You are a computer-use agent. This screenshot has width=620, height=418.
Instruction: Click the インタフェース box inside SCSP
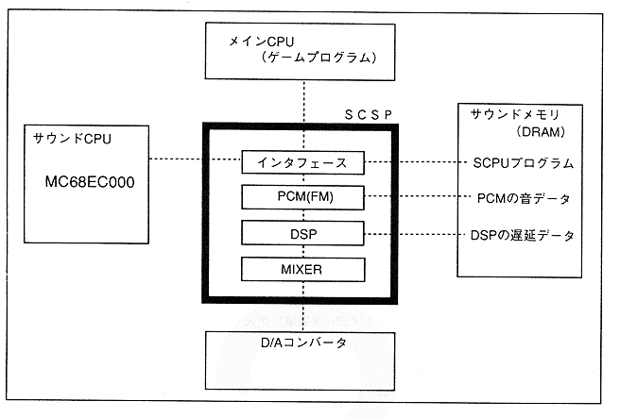(302, 162)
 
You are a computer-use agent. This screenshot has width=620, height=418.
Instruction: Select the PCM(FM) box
(302, 197)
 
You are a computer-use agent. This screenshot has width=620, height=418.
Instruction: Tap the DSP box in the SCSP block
(302, 232)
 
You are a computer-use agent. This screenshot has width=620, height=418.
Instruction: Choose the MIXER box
(302, 268)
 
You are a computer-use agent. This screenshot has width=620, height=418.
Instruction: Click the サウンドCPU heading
(63, 139)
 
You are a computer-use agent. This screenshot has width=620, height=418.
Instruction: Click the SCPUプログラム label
(523, 163)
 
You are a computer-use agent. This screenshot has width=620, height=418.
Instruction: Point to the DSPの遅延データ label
(523, 234)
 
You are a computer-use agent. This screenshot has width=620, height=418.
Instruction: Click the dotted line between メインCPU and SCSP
(303, 99)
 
